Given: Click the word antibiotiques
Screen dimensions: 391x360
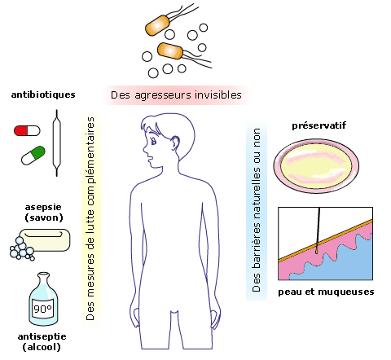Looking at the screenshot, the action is (43, 94).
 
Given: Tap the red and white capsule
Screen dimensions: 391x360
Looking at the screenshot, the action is (27, 131).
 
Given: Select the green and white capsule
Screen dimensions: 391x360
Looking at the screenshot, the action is (33, 156).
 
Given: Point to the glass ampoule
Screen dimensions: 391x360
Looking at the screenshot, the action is (57, 143).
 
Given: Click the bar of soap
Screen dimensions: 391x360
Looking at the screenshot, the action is (45, 239).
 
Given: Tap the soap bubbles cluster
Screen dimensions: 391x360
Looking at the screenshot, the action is (22, 249).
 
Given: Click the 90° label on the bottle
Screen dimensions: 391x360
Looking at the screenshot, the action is (42, 309).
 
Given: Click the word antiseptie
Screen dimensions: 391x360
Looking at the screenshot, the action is (42, 336).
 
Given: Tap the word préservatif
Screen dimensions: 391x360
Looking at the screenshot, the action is (319, 125).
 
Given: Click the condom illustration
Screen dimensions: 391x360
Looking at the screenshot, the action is (316, 165).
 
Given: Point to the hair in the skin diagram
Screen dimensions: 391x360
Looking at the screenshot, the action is (318, 230).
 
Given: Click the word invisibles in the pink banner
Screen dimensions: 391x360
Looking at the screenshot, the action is (218, 95).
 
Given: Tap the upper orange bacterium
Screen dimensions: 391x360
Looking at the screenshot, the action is (157, 25).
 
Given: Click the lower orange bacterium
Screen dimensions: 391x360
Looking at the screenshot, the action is (170, 50).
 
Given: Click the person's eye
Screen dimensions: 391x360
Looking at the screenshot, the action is (153, 141).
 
